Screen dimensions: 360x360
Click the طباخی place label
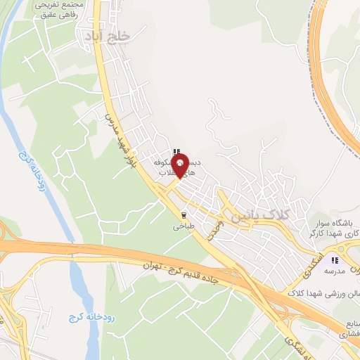click(x=184, y=227)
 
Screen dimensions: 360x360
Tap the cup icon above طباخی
click(x=184, y=215)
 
